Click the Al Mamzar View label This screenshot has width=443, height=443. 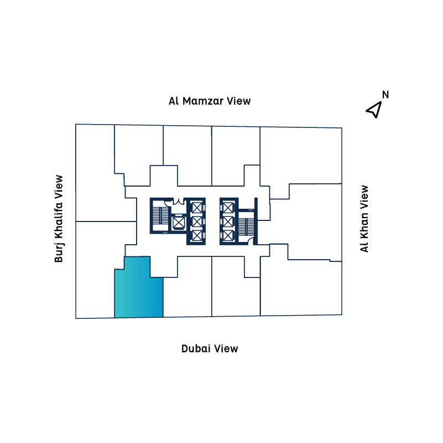(x=210, y=101)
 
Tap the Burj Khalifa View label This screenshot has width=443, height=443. (x=59, y=219)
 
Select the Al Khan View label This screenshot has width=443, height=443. (x=364, y=219)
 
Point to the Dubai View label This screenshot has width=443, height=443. (x=210, y=348)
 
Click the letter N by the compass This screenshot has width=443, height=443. (x=385, y=94)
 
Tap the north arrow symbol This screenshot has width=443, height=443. (x=374, y=110)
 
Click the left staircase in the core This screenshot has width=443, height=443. (x=160, y=216)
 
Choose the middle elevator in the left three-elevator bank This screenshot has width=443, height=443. (x=196, y=221)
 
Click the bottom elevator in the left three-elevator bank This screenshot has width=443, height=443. (x=196, y=235)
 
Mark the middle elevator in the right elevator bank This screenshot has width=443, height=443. (x=228, y=221)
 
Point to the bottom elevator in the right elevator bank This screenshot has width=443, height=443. (x=228, y=235)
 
